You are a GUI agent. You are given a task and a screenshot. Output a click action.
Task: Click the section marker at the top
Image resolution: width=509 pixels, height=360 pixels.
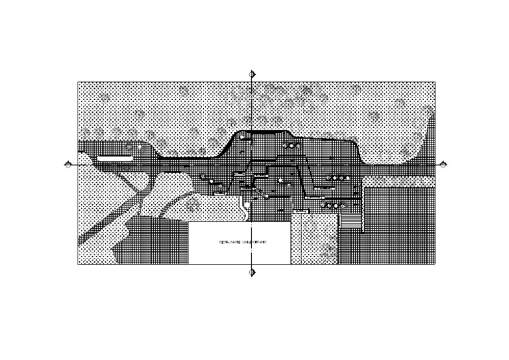pyautogui.click(x=252, y=74)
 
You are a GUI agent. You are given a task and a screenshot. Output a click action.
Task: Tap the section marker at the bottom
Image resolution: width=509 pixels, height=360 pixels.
pyautogui.click(x=252, y=272)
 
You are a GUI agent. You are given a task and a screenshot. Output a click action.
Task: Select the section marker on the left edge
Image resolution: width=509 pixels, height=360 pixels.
pyautogui.click(x=68, y=164)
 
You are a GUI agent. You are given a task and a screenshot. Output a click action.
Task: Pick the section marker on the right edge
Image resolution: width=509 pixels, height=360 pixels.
pyautogui.click(x=443, y=164)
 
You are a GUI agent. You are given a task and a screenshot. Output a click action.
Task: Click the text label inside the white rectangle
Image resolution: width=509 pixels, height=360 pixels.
pyautogui.click(x=243, y=243)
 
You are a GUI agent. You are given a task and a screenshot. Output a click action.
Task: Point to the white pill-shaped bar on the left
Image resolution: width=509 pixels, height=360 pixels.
pyautogui.click(x=115, y=158)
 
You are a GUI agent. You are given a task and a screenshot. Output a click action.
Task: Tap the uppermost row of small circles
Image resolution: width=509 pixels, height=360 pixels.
pyautogui.click(x=290, y=145)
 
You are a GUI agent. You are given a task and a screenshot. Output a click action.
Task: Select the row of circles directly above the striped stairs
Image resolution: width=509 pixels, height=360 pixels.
pyautogui.click(x=330, y=206)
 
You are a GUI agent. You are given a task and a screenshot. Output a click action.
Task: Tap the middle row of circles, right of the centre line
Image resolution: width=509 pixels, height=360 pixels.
pyautogui.click(x=339, y=178)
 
